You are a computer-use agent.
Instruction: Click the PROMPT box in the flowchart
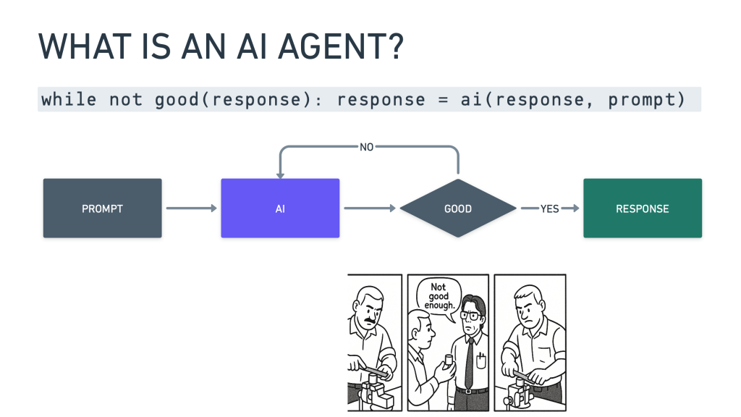102,208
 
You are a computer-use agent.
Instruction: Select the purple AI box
280,208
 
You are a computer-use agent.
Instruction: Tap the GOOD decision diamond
457,208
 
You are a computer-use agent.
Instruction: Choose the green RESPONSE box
642,208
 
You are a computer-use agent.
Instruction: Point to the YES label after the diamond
550,208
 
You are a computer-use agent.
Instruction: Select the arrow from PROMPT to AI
191,208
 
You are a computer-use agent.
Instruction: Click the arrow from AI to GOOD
370,208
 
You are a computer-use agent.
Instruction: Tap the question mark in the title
396,48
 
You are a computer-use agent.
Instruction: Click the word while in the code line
69,99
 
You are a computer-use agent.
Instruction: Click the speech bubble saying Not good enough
439,297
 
